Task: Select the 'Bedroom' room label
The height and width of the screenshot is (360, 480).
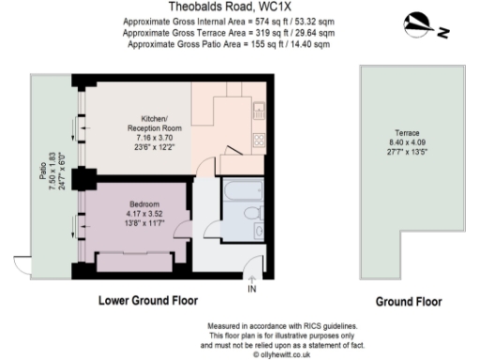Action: click(144, 204)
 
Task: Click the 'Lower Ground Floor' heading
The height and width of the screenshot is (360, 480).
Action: click(146, 301)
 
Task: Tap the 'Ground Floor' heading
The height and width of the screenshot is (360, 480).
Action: click(408, 302)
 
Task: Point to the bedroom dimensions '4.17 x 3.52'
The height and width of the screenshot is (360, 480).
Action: click(144, 215)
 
